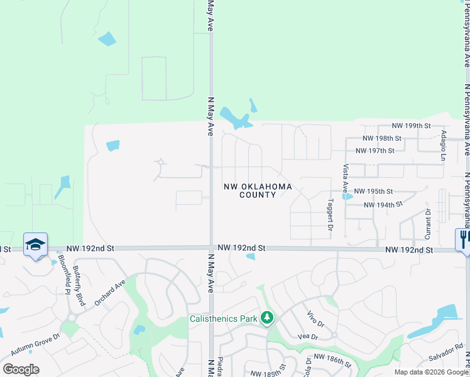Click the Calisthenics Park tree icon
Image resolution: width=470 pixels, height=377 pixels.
coord(267,318)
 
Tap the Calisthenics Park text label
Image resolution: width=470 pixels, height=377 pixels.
coord(224,319)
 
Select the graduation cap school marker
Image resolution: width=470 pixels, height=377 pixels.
coord(36,244)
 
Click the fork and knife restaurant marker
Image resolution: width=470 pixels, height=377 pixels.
coord(463,239)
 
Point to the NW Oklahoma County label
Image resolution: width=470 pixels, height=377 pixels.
coord(258,191)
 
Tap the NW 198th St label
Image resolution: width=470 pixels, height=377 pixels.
coord(382,138)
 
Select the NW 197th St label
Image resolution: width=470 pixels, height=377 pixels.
coord(374,151)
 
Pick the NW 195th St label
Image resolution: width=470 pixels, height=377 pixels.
coord(373,191)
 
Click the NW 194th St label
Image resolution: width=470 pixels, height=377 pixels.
coord(382,205)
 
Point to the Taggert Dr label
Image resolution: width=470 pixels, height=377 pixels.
coord(330,216)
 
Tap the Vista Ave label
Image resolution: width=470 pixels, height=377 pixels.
coord(345,178)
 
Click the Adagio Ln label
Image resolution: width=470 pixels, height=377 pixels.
coord(444,146)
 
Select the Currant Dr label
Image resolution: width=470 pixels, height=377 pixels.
coord(428,223)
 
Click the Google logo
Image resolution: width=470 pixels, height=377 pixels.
coord(21,369)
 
